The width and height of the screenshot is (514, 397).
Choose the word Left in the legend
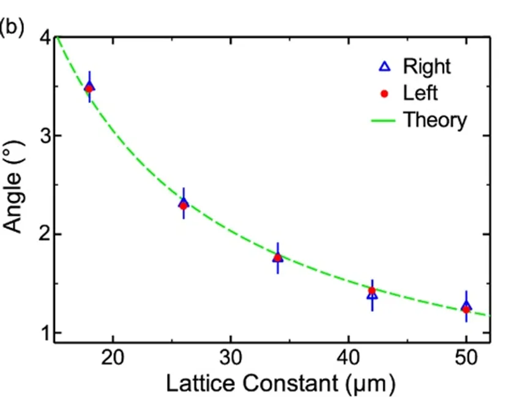click(x=420, y=93)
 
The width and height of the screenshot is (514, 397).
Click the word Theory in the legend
click(x=434, y=119)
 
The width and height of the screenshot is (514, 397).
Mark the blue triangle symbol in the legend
click(x=385, y=66)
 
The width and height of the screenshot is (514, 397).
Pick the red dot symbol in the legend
click(x=385, y=93)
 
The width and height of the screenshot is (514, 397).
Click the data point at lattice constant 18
click(x=89, y=88)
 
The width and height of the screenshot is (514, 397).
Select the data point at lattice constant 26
click(x=184, y=205)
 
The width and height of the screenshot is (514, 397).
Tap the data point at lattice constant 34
click(x=278, y=258)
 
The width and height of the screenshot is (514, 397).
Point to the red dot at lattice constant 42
click(x=372, y=290)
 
